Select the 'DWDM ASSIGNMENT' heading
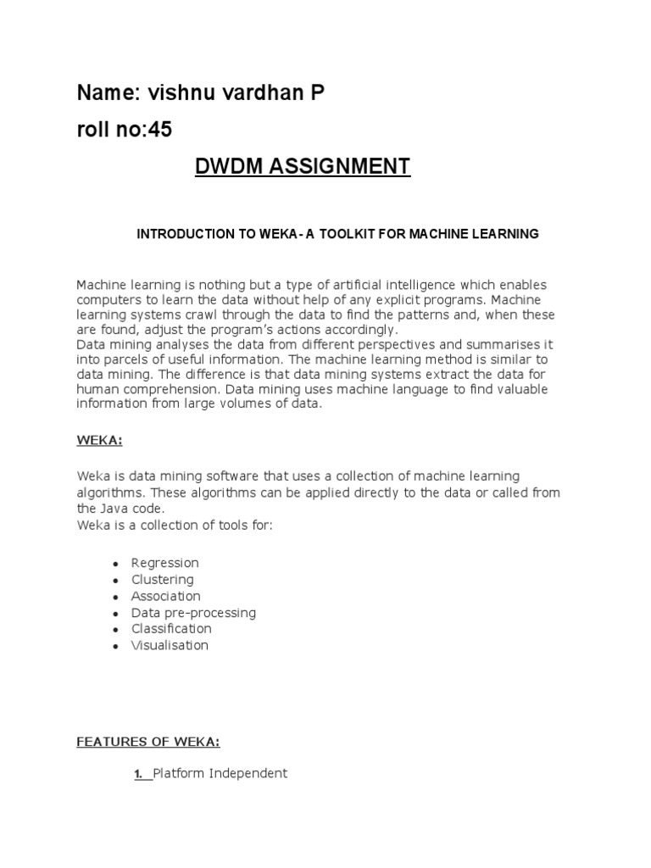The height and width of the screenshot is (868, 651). pos(291,166)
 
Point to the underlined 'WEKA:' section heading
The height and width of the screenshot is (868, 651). pos(100,441)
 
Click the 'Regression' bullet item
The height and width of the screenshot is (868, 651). pos(165,563)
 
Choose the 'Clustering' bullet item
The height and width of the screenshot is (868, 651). pos(163,580)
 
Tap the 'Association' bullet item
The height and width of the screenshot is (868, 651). pos(166,596)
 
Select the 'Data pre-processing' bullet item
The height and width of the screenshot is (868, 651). pos(193,613)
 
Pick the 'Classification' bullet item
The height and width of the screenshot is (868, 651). pos(171,629)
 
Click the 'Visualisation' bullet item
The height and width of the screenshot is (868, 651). pos(170,646)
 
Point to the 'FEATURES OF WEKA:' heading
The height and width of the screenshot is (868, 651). pos(148,743)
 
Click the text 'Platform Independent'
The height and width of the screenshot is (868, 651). pos(220,773)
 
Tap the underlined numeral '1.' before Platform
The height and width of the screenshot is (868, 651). pos(139,773)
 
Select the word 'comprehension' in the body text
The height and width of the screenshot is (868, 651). pos(156,389)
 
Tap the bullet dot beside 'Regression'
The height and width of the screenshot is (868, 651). pos(114,564)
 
